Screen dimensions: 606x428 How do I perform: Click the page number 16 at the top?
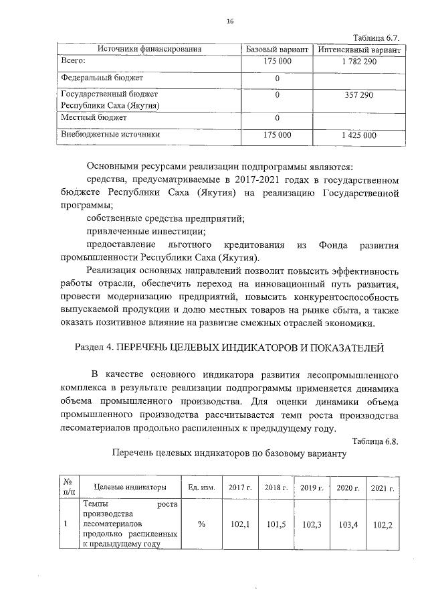click(x=229, y=21)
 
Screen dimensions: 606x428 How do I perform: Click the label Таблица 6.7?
click(x=377, y=38)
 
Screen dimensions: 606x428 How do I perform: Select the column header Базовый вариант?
click(x=277, y=50)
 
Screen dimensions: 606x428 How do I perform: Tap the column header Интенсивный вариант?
click(x=359, y=50)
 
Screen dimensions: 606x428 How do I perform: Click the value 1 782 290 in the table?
click(x=359, y=62)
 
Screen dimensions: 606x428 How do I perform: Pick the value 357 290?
click(x=359, y=96)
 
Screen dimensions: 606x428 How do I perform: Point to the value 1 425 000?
click(x=359, y=135)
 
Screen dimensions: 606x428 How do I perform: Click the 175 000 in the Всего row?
click(x=277, y=62)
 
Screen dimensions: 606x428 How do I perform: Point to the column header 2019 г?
click(x=312, y=487)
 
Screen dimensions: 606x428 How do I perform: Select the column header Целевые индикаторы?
click(x=130, y=487)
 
